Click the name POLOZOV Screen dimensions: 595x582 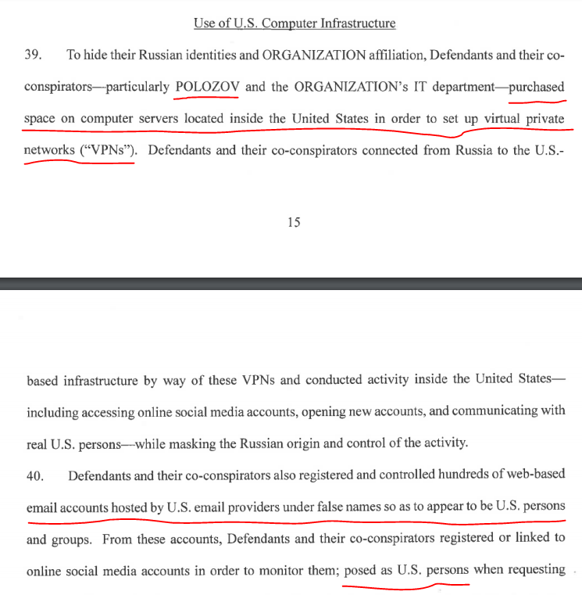(x=207, y=87)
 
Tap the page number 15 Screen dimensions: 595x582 (x=294, y=222)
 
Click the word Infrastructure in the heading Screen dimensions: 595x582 (x=351, y=23)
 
